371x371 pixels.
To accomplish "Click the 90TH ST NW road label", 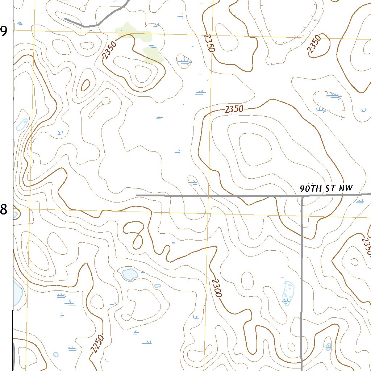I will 326,188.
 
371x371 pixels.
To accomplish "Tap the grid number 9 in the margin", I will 4,32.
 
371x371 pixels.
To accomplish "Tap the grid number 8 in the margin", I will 4,209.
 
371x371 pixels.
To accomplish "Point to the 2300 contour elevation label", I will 217,288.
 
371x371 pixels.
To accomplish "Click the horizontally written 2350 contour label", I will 234,109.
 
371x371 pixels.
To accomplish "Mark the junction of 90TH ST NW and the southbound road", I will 302,196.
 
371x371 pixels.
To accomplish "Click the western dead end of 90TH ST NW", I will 137,195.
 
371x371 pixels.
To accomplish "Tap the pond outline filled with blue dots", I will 288,293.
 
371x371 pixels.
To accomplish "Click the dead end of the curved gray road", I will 65,18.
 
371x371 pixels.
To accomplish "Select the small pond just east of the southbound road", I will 328,346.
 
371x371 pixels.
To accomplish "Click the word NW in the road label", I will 346,188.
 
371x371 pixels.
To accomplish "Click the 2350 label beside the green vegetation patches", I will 109,51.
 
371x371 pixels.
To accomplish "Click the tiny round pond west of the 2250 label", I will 55,354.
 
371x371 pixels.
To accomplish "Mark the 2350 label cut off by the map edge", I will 366,246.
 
